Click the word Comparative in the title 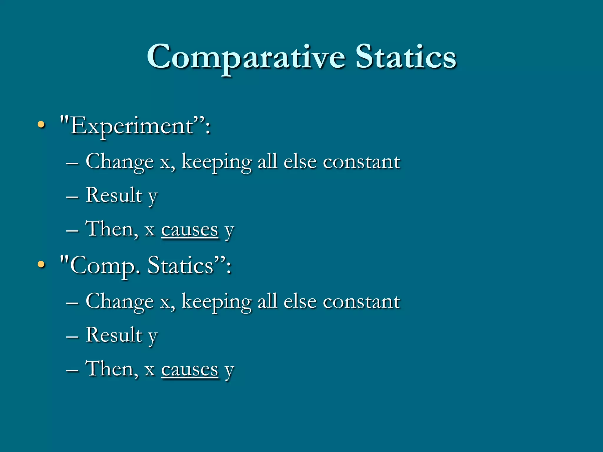tap(246, 57)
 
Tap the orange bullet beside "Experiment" tap(42, 125)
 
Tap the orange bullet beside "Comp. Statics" tap(42, 264)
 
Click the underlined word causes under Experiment tap(190, 230)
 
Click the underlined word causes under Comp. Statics tap(190, 370)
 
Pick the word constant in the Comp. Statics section tap(361, 302)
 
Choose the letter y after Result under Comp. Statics tap(153, 337)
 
